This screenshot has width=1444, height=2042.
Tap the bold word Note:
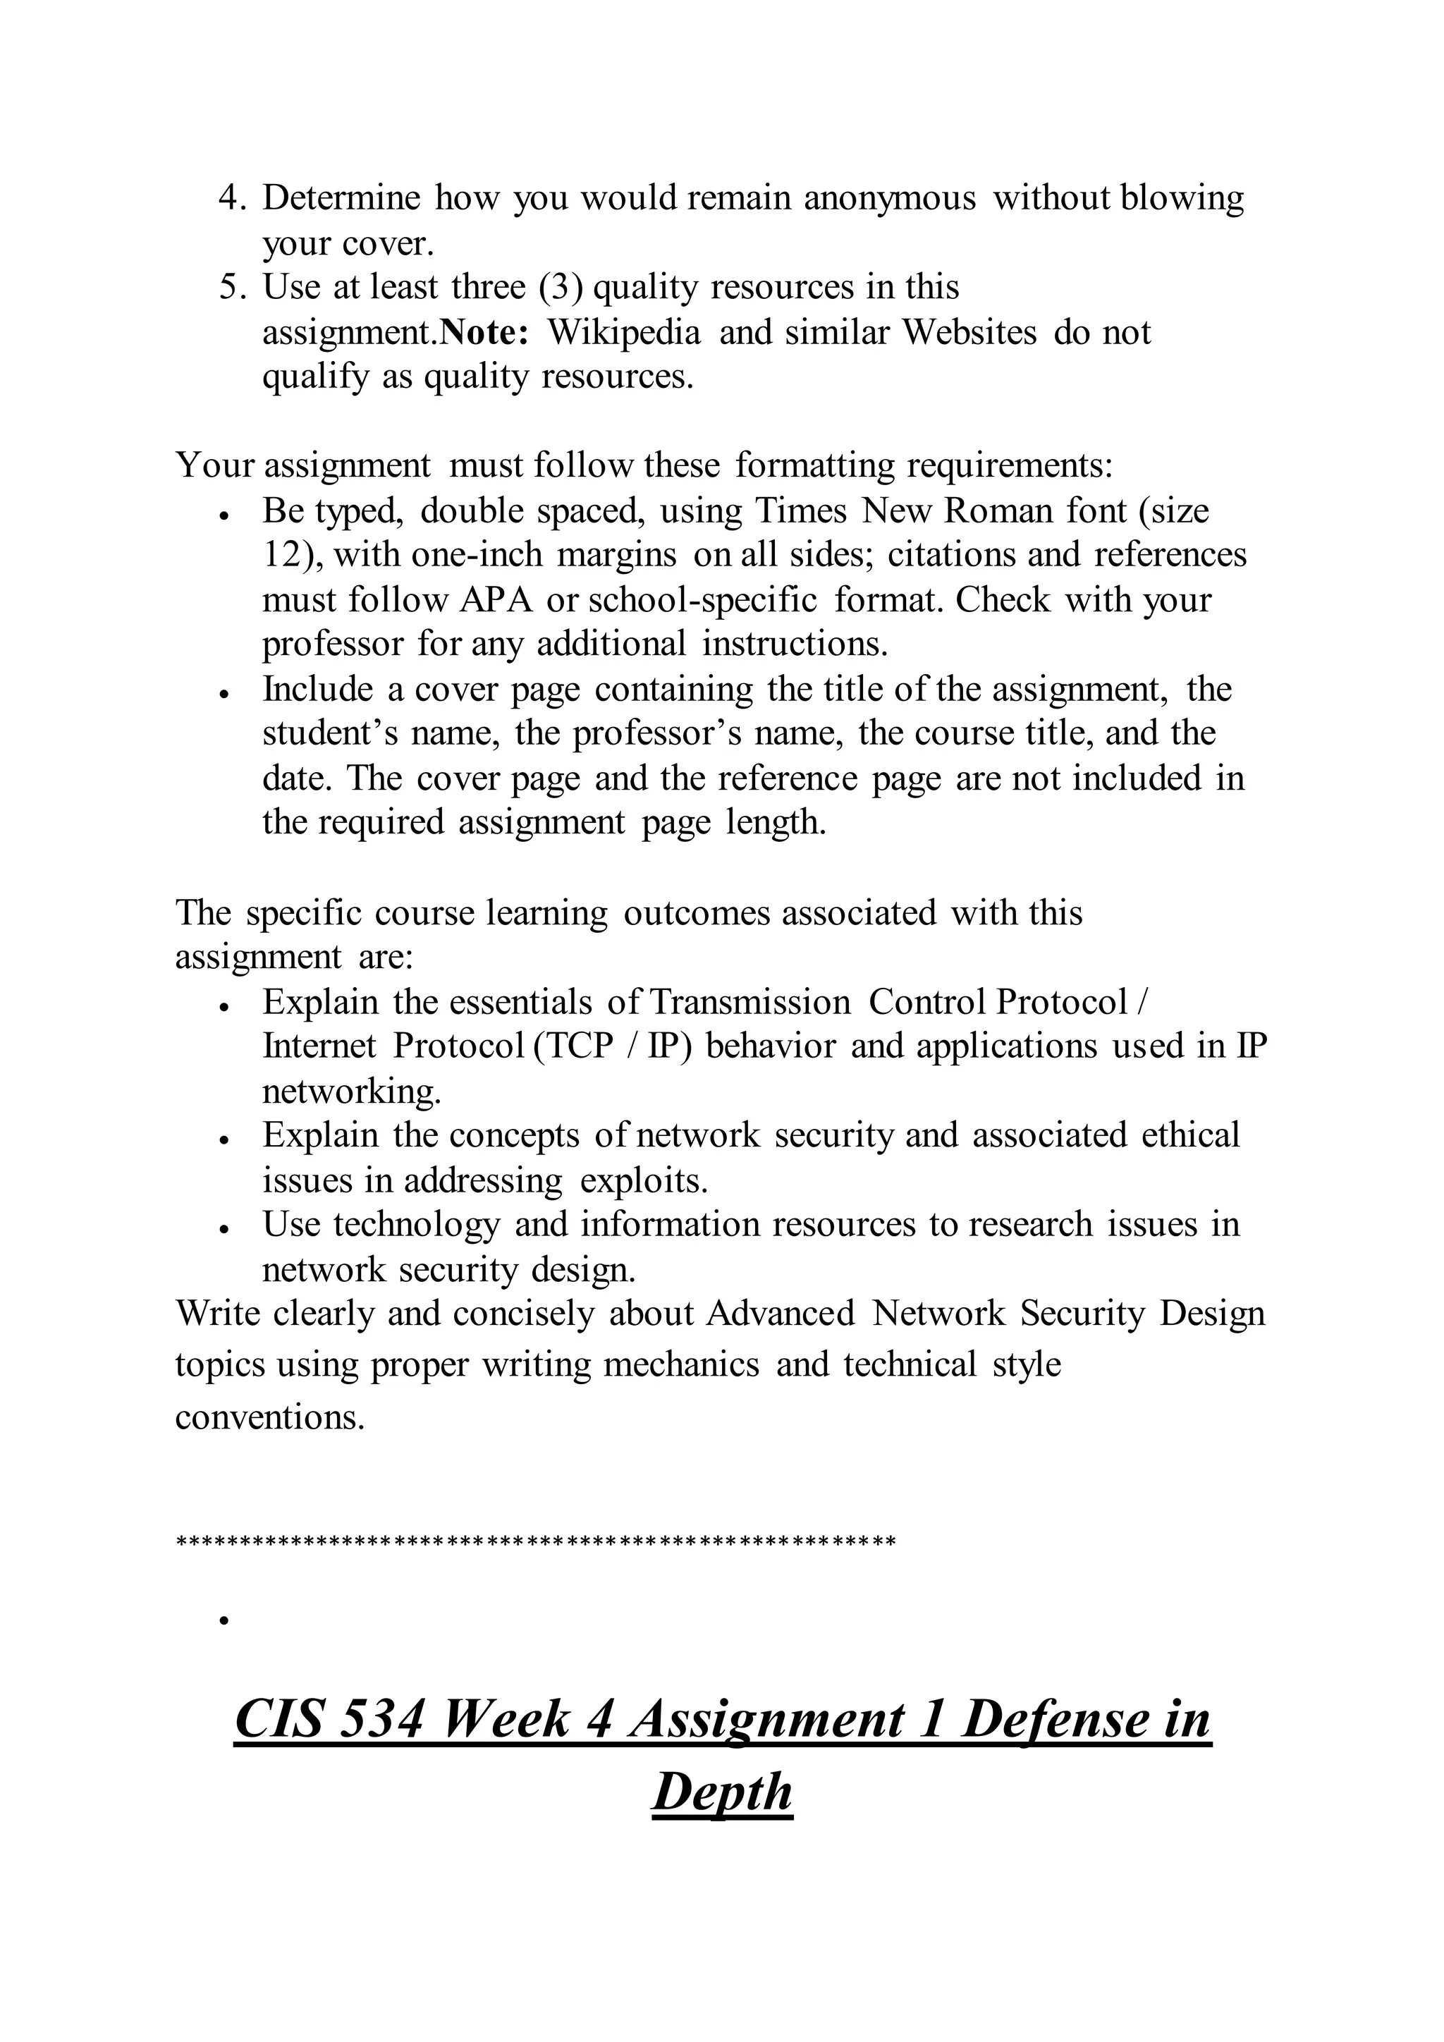click(x=486, y=334)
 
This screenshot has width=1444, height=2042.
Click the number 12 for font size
click(x=283, y=556)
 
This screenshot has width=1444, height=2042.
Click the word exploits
click(x=644, y=1181)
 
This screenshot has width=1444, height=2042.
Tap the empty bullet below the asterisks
click(x=225, y=1621)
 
